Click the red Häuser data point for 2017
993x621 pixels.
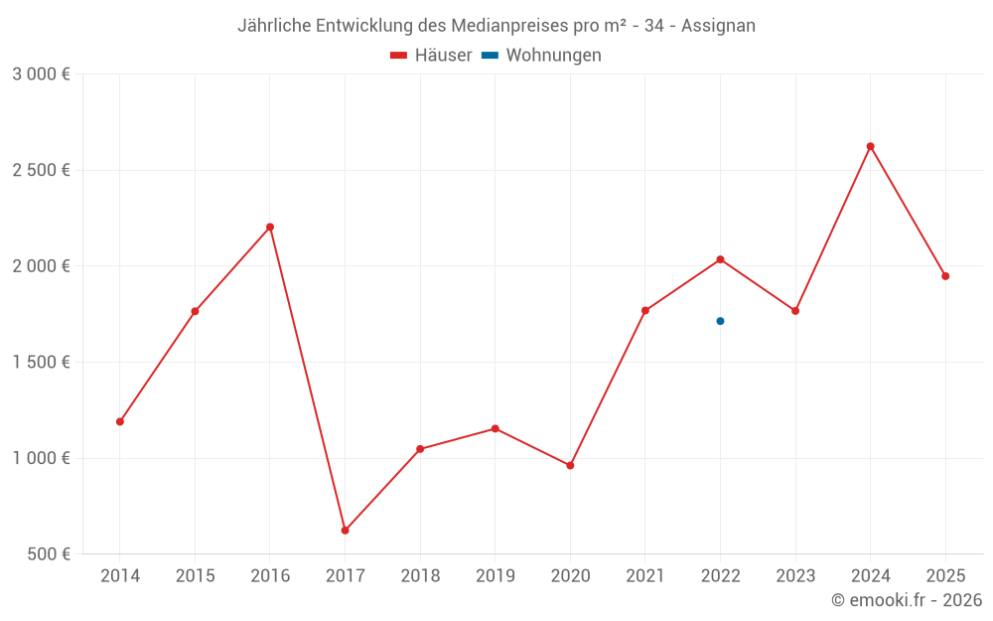[x=345, y=531]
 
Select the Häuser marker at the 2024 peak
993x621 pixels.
[x=871, y=146]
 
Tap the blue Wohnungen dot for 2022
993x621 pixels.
[x=720, y=321]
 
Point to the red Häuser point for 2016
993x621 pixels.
[x=270, y=227]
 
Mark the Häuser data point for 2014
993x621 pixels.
[x=120, y=421]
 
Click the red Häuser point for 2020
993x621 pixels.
[x=570, y=465]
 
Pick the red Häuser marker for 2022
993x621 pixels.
[x=720, y=259]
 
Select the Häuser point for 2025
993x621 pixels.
[x=945, y=276]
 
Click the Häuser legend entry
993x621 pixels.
[x=431, y=56]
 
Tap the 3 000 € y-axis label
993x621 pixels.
[x=41, y=75]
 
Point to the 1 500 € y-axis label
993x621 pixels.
[x=41, y=363]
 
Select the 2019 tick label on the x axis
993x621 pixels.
[x=496, y=576]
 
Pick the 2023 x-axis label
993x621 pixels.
[x=795, y=576]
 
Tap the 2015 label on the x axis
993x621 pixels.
[x=195, y=576]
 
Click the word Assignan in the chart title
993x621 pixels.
[x=718, y=26]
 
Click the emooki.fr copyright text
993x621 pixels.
[x=906, y=600]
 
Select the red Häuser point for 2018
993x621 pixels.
[x=420, y=449]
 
